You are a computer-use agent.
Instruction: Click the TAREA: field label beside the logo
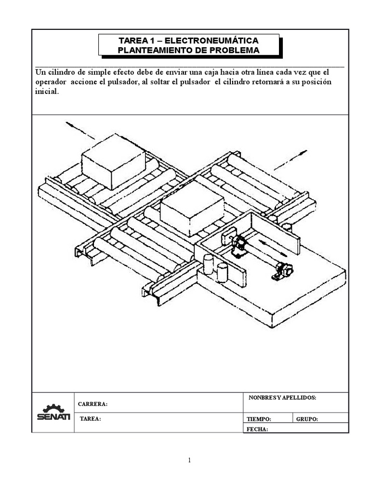pyautogui.click(x=91, y=419)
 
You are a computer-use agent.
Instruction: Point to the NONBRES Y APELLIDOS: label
pyautogui.click(x=282, y=398)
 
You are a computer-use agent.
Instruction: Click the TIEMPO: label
pyautogui.click(x=259, y=419)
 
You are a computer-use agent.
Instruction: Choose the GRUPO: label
pyautogui.click(x=307, y=419)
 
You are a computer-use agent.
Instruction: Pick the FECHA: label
pyautogui.click(x=257, y=429)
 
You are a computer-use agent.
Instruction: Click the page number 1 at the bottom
pyautogui.click(x=190, y=460)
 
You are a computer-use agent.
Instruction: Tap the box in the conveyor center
pyautogui.click(x=192, y=209)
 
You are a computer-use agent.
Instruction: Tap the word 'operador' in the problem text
pyautogui.click(x=51, y=82)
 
